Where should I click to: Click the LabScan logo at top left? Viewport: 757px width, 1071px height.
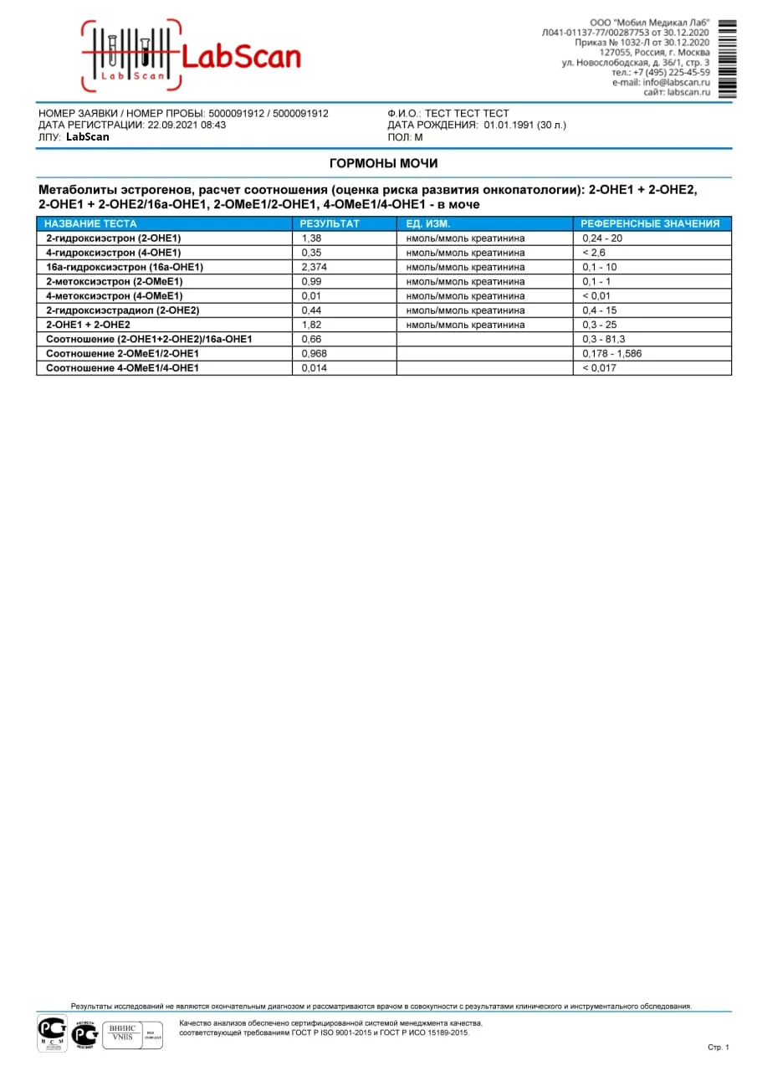click(191, 55)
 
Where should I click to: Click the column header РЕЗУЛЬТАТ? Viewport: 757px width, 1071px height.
click(330, 223)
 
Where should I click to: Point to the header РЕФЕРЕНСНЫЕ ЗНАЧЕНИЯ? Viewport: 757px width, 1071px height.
click(650, 223)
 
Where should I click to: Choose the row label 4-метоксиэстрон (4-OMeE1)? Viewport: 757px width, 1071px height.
click(115, 295)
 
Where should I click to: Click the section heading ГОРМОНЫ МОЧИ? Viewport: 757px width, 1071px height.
click(383, 163)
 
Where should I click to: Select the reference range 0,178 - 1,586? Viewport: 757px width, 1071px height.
click(612, 353)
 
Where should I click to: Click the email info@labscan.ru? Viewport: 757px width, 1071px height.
click(676, 83)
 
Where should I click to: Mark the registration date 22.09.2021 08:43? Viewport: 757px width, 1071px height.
click(187, 125)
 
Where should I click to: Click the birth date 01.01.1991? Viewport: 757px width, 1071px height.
click(509, 125)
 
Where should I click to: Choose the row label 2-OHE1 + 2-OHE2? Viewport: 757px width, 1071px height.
click(88, 325)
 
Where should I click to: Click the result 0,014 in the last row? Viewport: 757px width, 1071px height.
click(315, 368)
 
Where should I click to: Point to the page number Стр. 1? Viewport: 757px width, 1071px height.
click(719, 1047)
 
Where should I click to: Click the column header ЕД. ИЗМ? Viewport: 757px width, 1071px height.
click(428, 223)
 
